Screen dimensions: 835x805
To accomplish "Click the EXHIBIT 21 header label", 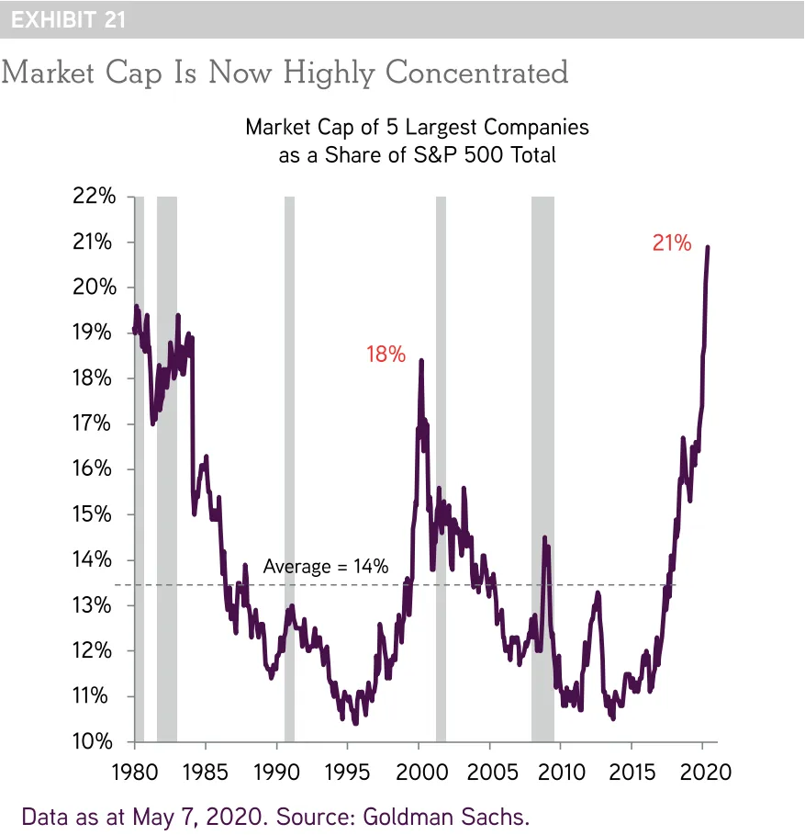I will click(69, 20).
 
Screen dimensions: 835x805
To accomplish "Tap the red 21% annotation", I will click(671, 243).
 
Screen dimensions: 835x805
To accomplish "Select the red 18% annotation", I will click(386, 354).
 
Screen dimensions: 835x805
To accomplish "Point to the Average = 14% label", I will click(326, 567).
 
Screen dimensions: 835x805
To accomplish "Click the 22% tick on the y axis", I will click(95, 197).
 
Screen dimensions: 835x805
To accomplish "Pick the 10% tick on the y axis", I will click(95, 741).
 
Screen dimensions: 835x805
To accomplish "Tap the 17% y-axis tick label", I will click(95, 423).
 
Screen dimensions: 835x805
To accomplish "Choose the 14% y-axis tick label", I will click(95, 560).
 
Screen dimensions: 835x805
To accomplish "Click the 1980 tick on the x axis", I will click(136, 771).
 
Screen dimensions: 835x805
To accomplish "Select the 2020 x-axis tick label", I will click(703, 771).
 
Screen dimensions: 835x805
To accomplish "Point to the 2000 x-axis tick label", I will click(419, 771).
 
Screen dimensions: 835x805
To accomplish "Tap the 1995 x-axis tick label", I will click(348, 771).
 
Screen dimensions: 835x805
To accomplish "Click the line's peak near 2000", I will click(421, 361).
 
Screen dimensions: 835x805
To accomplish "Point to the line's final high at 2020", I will click(707, 247).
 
